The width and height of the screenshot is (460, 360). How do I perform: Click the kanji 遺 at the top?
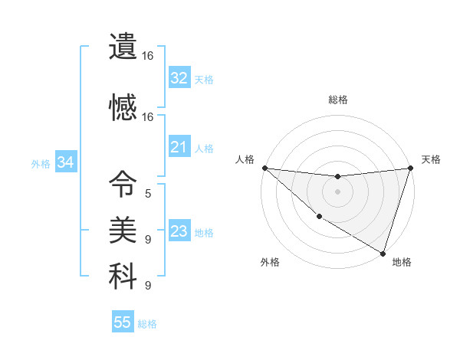coord(123,48)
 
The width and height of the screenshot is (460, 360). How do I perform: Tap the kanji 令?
coord(123,185)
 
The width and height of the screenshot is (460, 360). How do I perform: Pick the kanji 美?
coord(123,230)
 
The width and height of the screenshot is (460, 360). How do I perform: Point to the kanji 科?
coord(123,277)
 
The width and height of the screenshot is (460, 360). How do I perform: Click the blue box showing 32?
coord(179,77)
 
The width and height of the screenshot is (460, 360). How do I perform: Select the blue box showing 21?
coord(179,147)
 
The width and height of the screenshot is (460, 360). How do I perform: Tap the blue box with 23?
coord(179,231)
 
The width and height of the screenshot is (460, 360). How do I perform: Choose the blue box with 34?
coord(65,162)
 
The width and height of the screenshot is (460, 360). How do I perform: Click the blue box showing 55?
coord(123,322)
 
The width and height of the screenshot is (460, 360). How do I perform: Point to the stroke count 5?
coord(148,194)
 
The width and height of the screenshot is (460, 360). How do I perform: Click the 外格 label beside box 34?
coord(41,163)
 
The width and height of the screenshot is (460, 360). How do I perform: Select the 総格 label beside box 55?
coord(147,324)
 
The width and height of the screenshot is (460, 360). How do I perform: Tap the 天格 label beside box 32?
coord(203,79)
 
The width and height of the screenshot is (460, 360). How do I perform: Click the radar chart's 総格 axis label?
coord(338,100)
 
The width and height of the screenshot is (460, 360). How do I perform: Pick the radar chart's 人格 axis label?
coord(245,159)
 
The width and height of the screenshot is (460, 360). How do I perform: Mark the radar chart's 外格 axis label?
coord(270,262)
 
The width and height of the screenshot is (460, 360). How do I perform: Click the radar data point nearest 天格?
coord(410,169)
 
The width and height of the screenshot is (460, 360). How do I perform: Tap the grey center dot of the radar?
coord(337,191)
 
